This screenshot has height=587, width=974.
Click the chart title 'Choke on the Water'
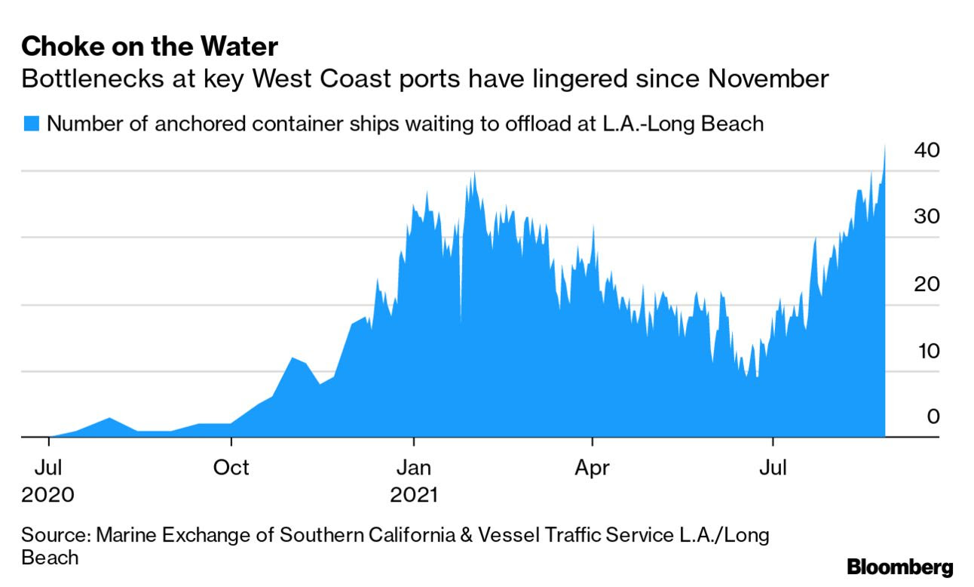[149, 48]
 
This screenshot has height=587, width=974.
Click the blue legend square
[32, 123]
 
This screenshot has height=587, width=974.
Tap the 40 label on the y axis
[926, 150]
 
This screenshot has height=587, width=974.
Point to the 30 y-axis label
[926, 217]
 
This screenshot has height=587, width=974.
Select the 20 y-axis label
[926, 284]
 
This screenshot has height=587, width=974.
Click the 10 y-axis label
[926, 352]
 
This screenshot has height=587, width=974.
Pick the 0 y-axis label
[933, 416]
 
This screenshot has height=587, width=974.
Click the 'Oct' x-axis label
[231, 468]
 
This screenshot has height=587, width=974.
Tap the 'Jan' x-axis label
[413, 468]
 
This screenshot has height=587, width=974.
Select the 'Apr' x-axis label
[593, 468]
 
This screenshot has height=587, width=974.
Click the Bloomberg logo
[900, 567]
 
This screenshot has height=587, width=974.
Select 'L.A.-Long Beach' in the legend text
[675, 124]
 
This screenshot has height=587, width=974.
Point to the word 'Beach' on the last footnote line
[50, 558]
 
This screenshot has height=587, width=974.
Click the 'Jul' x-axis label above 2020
[47, 468]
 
